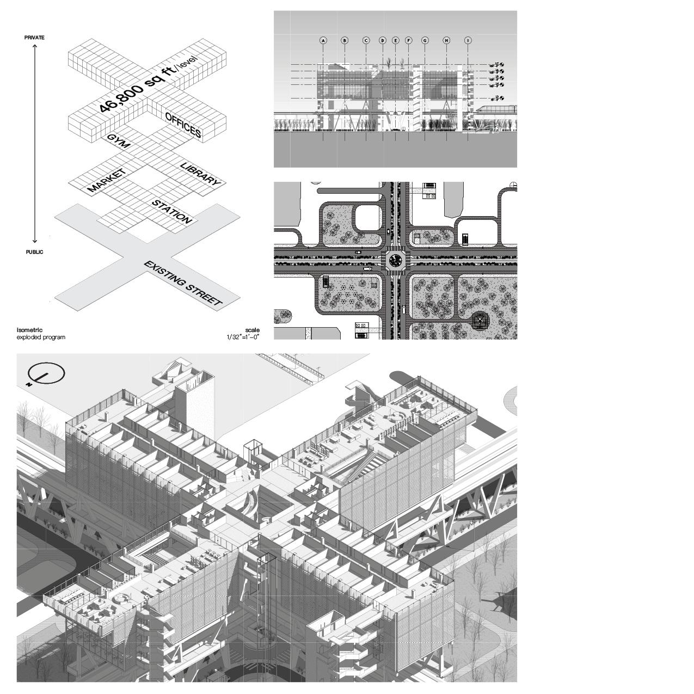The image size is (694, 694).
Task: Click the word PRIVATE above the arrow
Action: point(34,38)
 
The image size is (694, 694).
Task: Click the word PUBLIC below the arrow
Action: point(34,252)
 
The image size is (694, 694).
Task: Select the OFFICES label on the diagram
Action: point(183,125)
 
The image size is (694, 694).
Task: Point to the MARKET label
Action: point(107,181)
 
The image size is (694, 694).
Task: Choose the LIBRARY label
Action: point(200,174)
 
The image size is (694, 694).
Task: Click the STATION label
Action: point(172,212)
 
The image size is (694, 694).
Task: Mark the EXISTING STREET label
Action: point(183,284)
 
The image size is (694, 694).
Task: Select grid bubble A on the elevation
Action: point(323,40)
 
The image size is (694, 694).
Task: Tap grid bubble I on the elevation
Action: point(468,40)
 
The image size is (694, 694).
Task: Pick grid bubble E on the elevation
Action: point(395,40)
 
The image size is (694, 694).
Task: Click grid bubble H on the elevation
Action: point(446,40)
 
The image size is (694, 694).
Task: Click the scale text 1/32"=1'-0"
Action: point(243,337)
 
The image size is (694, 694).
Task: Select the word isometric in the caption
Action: point(29,330)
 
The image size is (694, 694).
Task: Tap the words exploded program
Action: point(41,337)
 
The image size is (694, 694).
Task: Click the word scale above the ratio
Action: point(252,330)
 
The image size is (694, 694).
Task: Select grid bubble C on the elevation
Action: point(366,40)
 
